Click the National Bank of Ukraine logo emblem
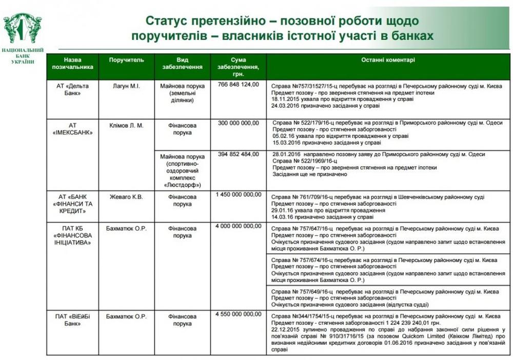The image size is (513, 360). [x=23, y=28]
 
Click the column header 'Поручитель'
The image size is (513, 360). [x=123, y=60]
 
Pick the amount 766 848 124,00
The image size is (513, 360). [x=239, y=85]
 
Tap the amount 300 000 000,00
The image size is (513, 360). [x=239, y=124]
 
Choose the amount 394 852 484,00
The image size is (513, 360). [x=239, y=154]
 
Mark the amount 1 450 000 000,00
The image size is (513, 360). [x=239, y=194]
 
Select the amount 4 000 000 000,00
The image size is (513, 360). [x=239, y=226]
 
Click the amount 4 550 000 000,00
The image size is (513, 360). [x=239, y=314]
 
